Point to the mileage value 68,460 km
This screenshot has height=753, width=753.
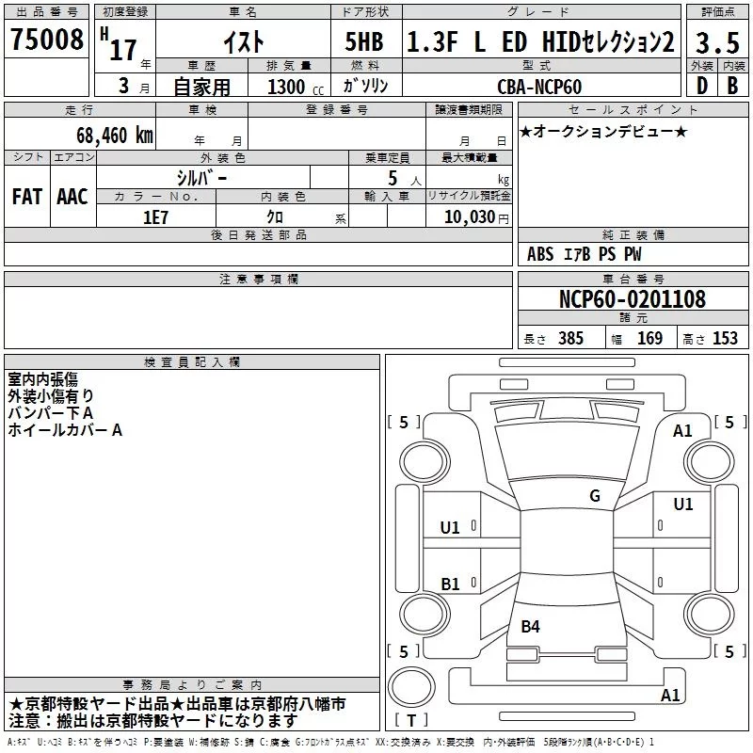pos(109,135)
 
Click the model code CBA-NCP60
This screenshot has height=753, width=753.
pos(539,87)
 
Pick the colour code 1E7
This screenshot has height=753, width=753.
pos(155,216)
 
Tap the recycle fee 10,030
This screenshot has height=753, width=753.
pos(468,216)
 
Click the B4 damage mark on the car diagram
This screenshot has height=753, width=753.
pos(531,626)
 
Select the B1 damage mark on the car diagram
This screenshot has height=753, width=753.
pos(451,584)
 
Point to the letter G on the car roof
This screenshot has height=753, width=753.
pos(594,496)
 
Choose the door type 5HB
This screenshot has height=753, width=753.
pos(363,42)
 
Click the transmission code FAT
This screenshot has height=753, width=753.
pos(27,196)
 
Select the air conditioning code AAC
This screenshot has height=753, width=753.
pos(72,196)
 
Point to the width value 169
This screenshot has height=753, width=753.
pos(650,338)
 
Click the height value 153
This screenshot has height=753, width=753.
pos(725,338)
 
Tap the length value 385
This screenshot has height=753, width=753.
pos(571,338)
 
